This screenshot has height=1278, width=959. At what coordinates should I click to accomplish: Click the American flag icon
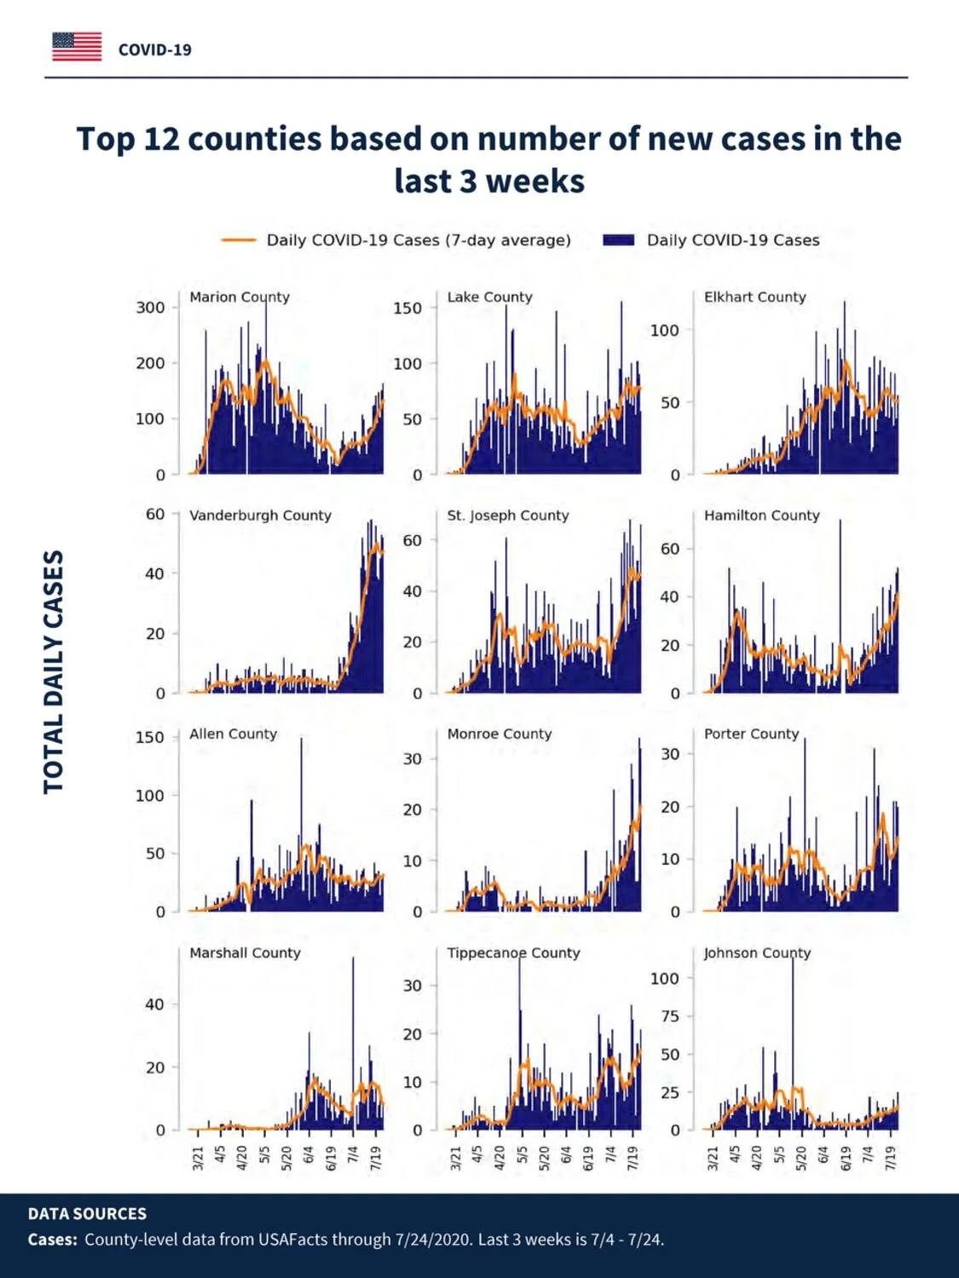[77, 47]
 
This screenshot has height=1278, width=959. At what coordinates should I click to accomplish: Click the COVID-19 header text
[155, 50]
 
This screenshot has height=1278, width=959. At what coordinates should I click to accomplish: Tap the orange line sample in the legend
[238, 240]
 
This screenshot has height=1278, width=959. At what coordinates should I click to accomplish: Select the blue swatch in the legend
[618, 240]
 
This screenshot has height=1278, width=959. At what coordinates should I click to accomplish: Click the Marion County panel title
[240, 297]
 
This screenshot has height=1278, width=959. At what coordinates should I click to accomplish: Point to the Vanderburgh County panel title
[260, 515]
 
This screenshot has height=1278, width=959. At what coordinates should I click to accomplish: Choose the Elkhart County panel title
[755, 297]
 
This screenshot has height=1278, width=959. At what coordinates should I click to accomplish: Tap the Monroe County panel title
[500, 734]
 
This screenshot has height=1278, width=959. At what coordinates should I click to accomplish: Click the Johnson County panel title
[757, 953]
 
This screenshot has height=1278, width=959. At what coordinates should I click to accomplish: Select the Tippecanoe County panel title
[513, 953]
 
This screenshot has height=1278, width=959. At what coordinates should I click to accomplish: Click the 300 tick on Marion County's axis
[150, 308]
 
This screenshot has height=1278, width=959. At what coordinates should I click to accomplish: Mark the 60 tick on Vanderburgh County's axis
[155, 514]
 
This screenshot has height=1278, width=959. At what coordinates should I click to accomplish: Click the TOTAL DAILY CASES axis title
[53, 671]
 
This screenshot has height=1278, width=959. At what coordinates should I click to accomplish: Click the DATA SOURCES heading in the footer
[87, 1214]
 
